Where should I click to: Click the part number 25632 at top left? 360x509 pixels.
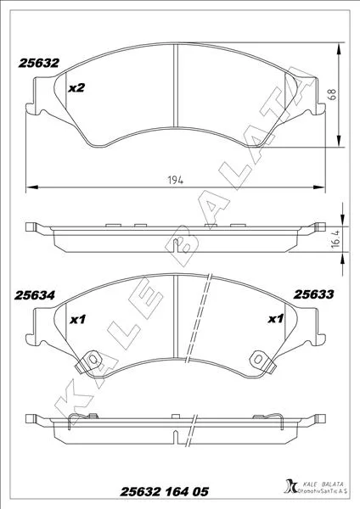point(39,63)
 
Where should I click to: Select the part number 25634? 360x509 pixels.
point(35,295)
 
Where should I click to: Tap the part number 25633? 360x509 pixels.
point(313,294)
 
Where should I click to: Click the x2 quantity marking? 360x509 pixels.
point(76,87)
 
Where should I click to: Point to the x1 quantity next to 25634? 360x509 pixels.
point(78,320)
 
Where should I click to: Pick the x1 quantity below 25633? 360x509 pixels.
point(276,319)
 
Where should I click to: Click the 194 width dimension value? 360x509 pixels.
point(176,180)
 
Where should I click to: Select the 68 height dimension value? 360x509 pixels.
point(333,94)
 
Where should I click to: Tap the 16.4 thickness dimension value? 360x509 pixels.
point(335,239)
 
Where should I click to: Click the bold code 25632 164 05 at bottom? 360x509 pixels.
point(165,492)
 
